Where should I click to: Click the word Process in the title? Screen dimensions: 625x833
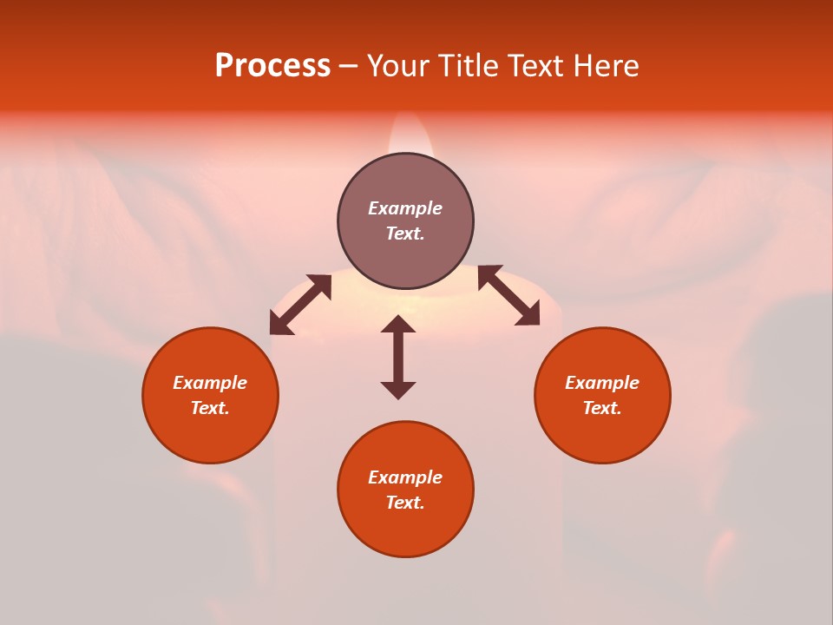coord(272,66)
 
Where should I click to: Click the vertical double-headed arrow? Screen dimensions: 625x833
coord(398,357)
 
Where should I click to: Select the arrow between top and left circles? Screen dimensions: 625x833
coord(300,305)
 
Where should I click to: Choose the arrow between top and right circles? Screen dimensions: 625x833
coord(508,296)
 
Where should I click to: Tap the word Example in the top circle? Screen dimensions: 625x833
coord(405,208)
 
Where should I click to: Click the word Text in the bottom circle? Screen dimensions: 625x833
coord(404,503)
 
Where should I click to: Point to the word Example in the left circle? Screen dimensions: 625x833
coord(210,383)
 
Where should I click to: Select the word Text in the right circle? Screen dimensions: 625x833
coord(601,408)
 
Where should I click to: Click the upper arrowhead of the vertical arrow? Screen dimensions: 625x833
coord(398,325)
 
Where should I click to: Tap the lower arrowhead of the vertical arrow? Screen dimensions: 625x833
coord(398,390)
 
